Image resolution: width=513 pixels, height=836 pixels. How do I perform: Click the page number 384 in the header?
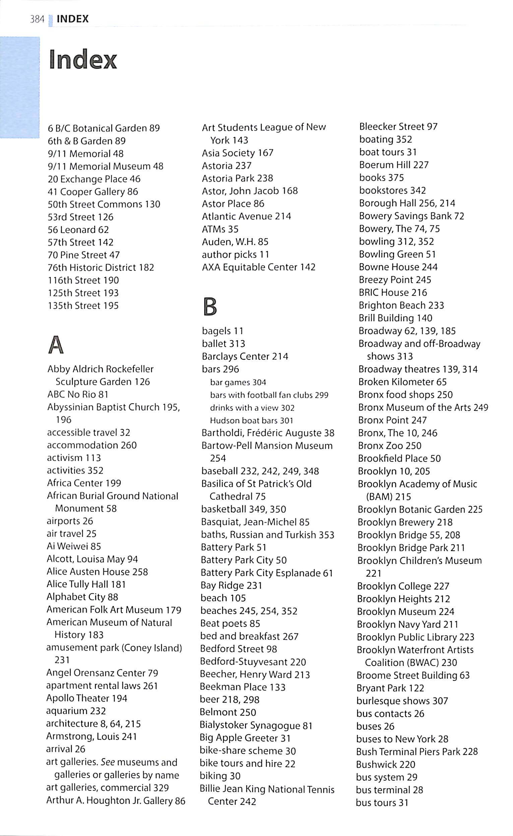click(37, 19)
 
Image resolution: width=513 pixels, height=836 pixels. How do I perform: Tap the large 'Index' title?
click(83, 60)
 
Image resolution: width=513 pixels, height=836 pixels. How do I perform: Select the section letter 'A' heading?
click(56, 345)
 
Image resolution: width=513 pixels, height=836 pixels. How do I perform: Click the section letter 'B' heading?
click(210, 306)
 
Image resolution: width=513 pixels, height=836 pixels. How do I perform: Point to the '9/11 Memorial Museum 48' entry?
click(105, 166)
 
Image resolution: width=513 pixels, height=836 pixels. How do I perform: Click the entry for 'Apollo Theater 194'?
click(86, 698)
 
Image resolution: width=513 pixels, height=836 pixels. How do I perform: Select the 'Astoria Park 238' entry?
click(237, 178)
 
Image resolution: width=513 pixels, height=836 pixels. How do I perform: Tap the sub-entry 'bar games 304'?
click(238, 382)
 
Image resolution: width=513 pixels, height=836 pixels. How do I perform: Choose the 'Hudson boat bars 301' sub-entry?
click(251, 421)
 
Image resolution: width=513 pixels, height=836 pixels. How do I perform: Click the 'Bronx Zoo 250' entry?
click(389, 446)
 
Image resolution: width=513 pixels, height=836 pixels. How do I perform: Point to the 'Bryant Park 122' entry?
click(390, 688)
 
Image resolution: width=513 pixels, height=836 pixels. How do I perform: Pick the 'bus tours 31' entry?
click(382, 803)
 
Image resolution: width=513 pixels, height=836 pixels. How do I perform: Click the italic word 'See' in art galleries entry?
click(108, 762)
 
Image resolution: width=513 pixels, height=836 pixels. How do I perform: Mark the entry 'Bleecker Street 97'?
click(398, 127)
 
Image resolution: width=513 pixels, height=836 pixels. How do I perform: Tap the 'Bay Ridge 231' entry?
click(231, 586)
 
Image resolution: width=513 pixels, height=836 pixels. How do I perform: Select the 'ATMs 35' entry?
click(220, 229)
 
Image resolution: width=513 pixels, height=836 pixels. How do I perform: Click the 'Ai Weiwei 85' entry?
click(74, 546)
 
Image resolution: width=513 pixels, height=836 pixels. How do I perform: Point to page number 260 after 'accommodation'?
click(129, 445)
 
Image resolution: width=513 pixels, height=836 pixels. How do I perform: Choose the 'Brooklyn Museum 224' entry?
click(405, 612)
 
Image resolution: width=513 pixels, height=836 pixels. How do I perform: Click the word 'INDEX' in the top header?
click(73, 19)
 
